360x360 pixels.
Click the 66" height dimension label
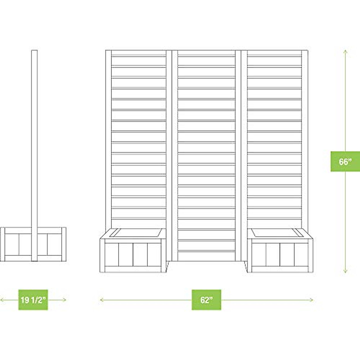pyautogui.click(x=345, y=162)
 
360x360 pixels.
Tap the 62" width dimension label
pyautogui.click(x=206, y=300)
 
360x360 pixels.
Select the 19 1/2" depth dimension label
pyautogui.click(x=33, y=300)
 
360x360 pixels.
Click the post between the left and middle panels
pyautogui.click(x=171, y=150)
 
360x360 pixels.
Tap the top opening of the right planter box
pyautogui.click(x=277, y=233)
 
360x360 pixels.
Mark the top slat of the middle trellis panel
pyautogui.click(x=206, y=55)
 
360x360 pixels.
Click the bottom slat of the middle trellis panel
pyautogui.click(x=206, y=251)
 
